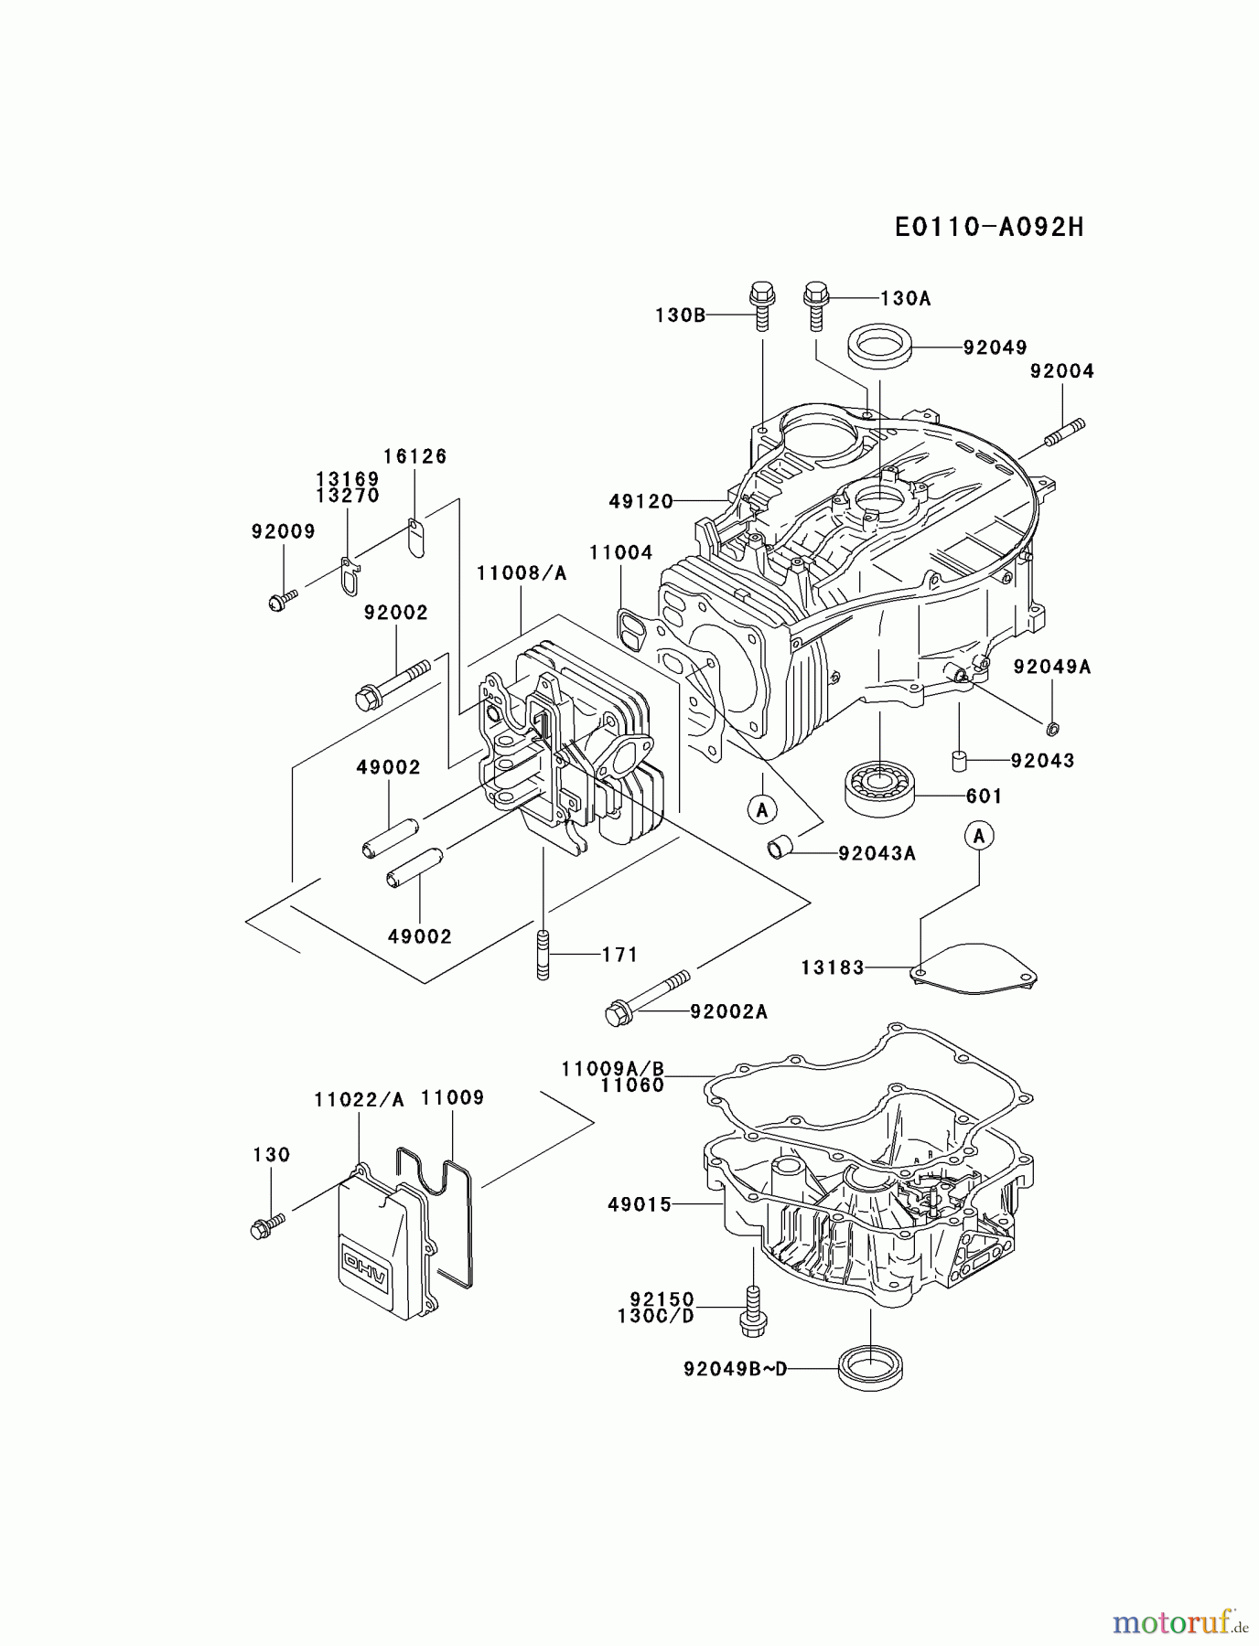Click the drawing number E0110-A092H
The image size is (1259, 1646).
point(989,227)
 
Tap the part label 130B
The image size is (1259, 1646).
point(681,315)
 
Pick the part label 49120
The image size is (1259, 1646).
point(641,501)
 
